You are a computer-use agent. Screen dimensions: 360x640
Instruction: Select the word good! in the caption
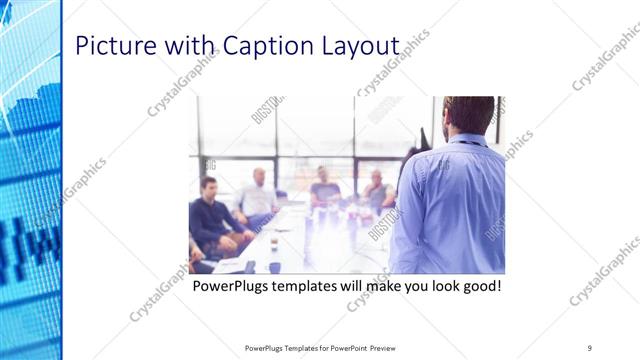pos(478,288)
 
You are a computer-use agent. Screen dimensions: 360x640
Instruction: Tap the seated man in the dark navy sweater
pos(212,215)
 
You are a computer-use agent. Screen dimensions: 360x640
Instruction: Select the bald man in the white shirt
pos(259,195)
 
